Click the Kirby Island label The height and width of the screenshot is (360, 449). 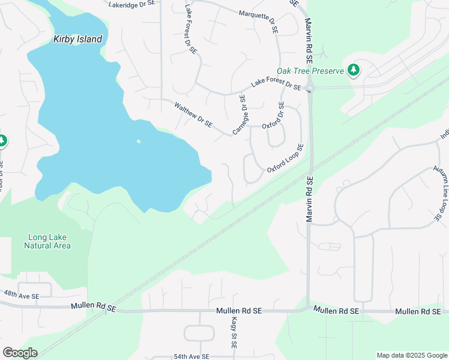77,40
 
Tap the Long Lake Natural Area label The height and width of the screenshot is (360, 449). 47,241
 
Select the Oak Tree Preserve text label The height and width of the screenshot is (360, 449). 310,71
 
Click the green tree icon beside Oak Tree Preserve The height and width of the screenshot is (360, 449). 354,70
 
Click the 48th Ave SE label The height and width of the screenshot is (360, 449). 21,296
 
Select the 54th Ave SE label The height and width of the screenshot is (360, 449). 191,356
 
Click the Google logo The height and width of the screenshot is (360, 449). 20,353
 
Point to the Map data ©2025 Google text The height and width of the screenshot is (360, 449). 411,355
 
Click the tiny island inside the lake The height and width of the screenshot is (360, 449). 139,142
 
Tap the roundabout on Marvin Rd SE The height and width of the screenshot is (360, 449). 310,89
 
